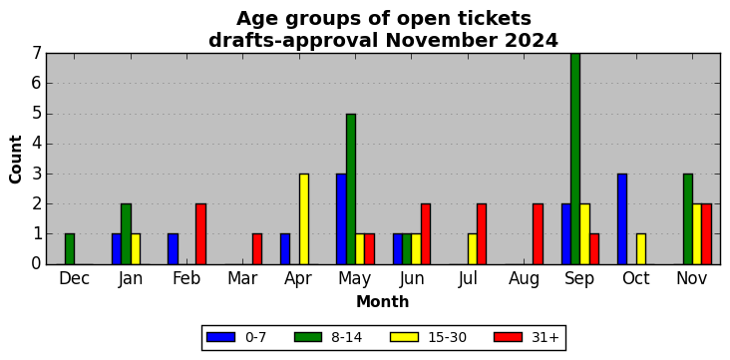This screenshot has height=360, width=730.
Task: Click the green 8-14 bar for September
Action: click(x=575, y=159)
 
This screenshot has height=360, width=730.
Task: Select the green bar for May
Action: click(x=351, y=189)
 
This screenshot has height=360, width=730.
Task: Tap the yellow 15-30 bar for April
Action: click(x=304, y=218)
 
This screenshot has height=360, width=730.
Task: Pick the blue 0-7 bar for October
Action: click(x=622, y=218)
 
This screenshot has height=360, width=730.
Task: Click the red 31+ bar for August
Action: click(x=538, y=233)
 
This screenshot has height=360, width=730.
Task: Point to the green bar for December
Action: click(x=70, y=249)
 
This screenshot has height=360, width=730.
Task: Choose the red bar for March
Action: click(x=257, y=249)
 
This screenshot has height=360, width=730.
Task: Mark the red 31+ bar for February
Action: click(x=201, y=233)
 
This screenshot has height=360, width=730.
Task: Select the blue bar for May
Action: click(x=341, y=218)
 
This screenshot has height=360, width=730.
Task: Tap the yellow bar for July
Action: click(x=473, y=249)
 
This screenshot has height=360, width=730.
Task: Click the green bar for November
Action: click(x=688, y=218)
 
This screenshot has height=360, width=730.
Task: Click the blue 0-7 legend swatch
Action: click(x=220, y=337)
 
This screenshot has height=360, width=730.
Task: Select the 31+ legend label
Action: click(x=545, y=337)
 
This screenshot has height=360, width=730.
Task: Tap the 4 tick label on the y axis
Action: click(x=36, y=144)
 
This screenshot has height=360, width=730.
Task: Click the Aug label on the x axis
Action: click(x=524, y=279)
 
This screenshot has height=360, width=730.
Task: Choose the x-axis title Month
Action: click(x=383, y=302)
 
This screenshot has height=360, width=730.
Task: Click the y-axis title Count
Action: click(x=15, y=160)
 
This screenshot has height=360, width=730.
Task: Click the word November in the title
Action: click(x=436, y=41)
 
